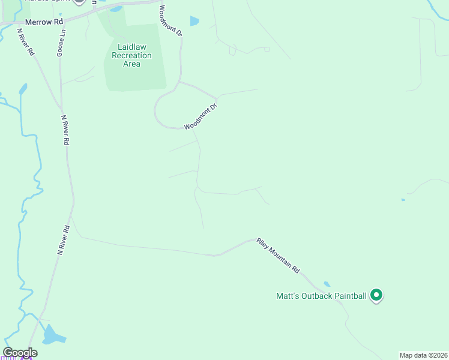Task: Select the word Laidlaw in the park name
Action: click(131, 47)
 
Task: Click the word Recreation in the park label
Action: click(131, 55)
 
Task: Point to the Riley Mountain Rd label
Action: click(278, 256)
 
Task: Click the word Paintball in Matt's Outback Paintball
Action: click(348, 296)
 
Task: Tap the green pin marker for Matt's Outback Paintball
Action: click(376, 295)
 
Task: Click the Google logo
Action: click(20, 352)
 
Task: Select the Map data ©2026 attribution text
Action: click(423, 355)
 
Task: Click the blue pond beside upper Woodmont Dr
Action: click(194, 21)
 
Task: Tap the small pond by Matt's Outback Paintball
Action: click(327, 284)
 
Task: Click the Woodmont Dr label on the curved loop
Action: click(200, 116)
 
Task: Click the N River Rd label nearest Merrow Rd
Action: click(26, 42)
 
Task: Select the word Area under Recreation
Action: click(131, 64)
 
